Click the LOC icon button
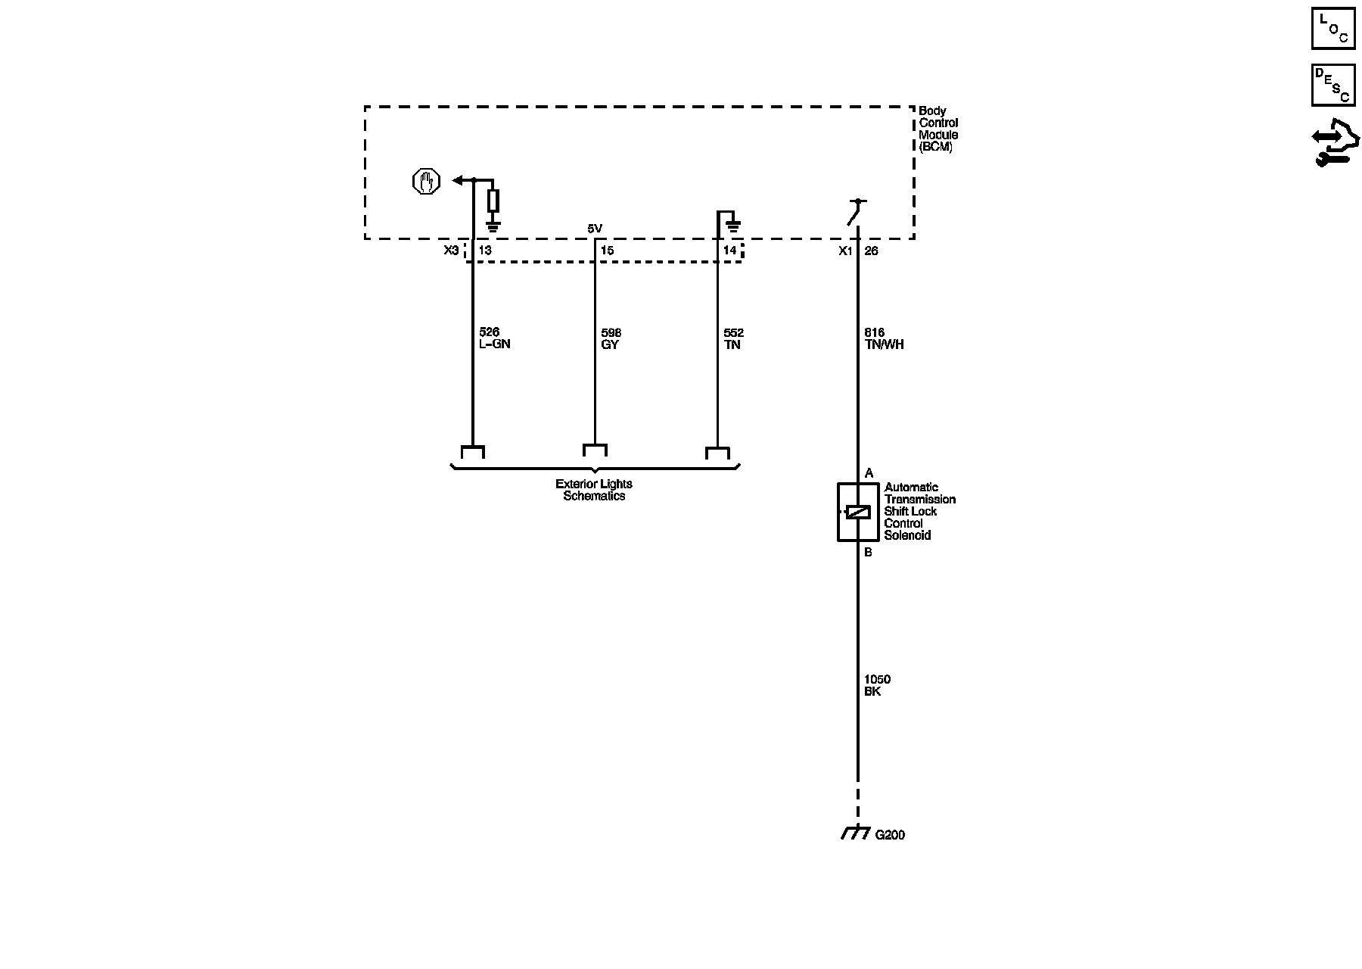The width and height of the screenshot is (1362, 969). tap(1332, 28)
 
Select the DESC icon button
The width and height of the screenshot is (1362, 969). tap(1332, 85)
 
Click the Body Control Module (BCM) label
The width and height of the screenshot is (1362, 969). tap(938, 129)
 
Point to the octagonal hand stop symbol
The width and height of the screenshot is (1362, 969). tap(426, 182)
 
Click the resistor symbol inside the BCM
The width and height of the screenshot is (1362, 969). tap(493, 201)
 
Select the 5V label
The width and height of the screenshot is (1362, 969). tap(595, 229)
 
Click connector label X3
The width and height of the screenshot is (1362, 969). tap(451, 251)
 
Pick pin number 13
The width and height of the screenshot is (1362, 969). tap(485, 251)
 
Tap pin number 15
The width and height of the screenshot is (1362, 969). tap(607, 251)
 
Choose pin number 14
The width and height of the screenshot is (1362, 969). tap(729, 251)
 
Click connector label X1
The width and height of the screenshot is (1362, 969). tap(845, 251)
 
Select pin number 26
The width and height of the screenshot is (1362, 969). tap(871, 251)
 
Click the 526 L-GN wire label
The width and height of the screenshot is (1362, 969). tap(495, 338)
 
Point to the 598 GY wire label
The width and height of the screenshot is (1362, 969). tap(611, 338)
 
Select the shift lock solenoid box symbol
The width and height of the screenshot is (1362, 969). tap(857, 512)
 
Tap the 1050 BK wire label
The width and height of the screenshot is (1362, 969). tap(877, 686)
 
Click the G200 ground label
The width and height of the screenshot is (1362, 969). tap(890, 835)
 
